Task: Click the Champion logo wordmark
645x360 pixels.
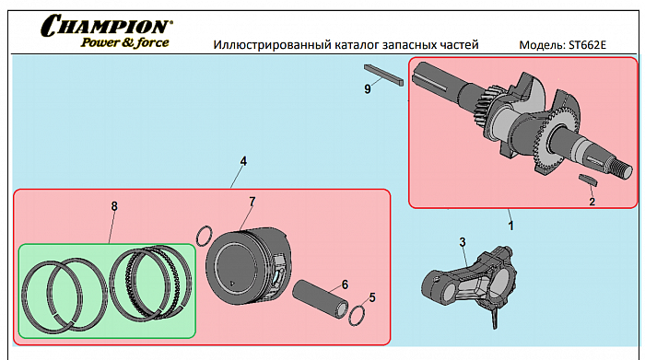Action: (106, 26)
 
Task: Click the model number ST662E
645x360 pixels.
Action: (588, 45)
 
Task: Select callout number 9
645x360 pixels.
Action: (368, 88)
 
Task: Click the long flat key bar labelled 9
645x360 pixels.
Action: (383, 75)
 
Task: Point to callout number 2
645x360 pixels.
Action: (592, 202)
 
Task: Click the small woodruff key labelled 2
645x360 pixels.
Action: (588, 180)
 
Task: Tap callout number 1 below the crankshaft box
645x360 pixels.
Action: (510, 226)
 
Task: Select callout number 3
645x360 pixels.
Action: (463, 242)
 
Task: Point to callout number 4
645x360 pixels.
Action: (243, 161)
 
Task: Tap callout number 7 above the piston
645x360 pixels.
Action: (252, 202)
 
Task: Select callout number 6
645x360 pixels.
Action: (345, 285)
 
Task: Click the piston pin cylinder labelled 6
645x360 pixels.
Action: (320, 299)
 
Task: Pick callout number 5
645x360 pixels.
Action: (372, 297)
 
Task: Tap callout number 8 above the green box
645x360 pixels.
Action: (114, 206)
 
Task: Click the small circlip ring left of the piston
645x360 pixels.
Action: (198, 237)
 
